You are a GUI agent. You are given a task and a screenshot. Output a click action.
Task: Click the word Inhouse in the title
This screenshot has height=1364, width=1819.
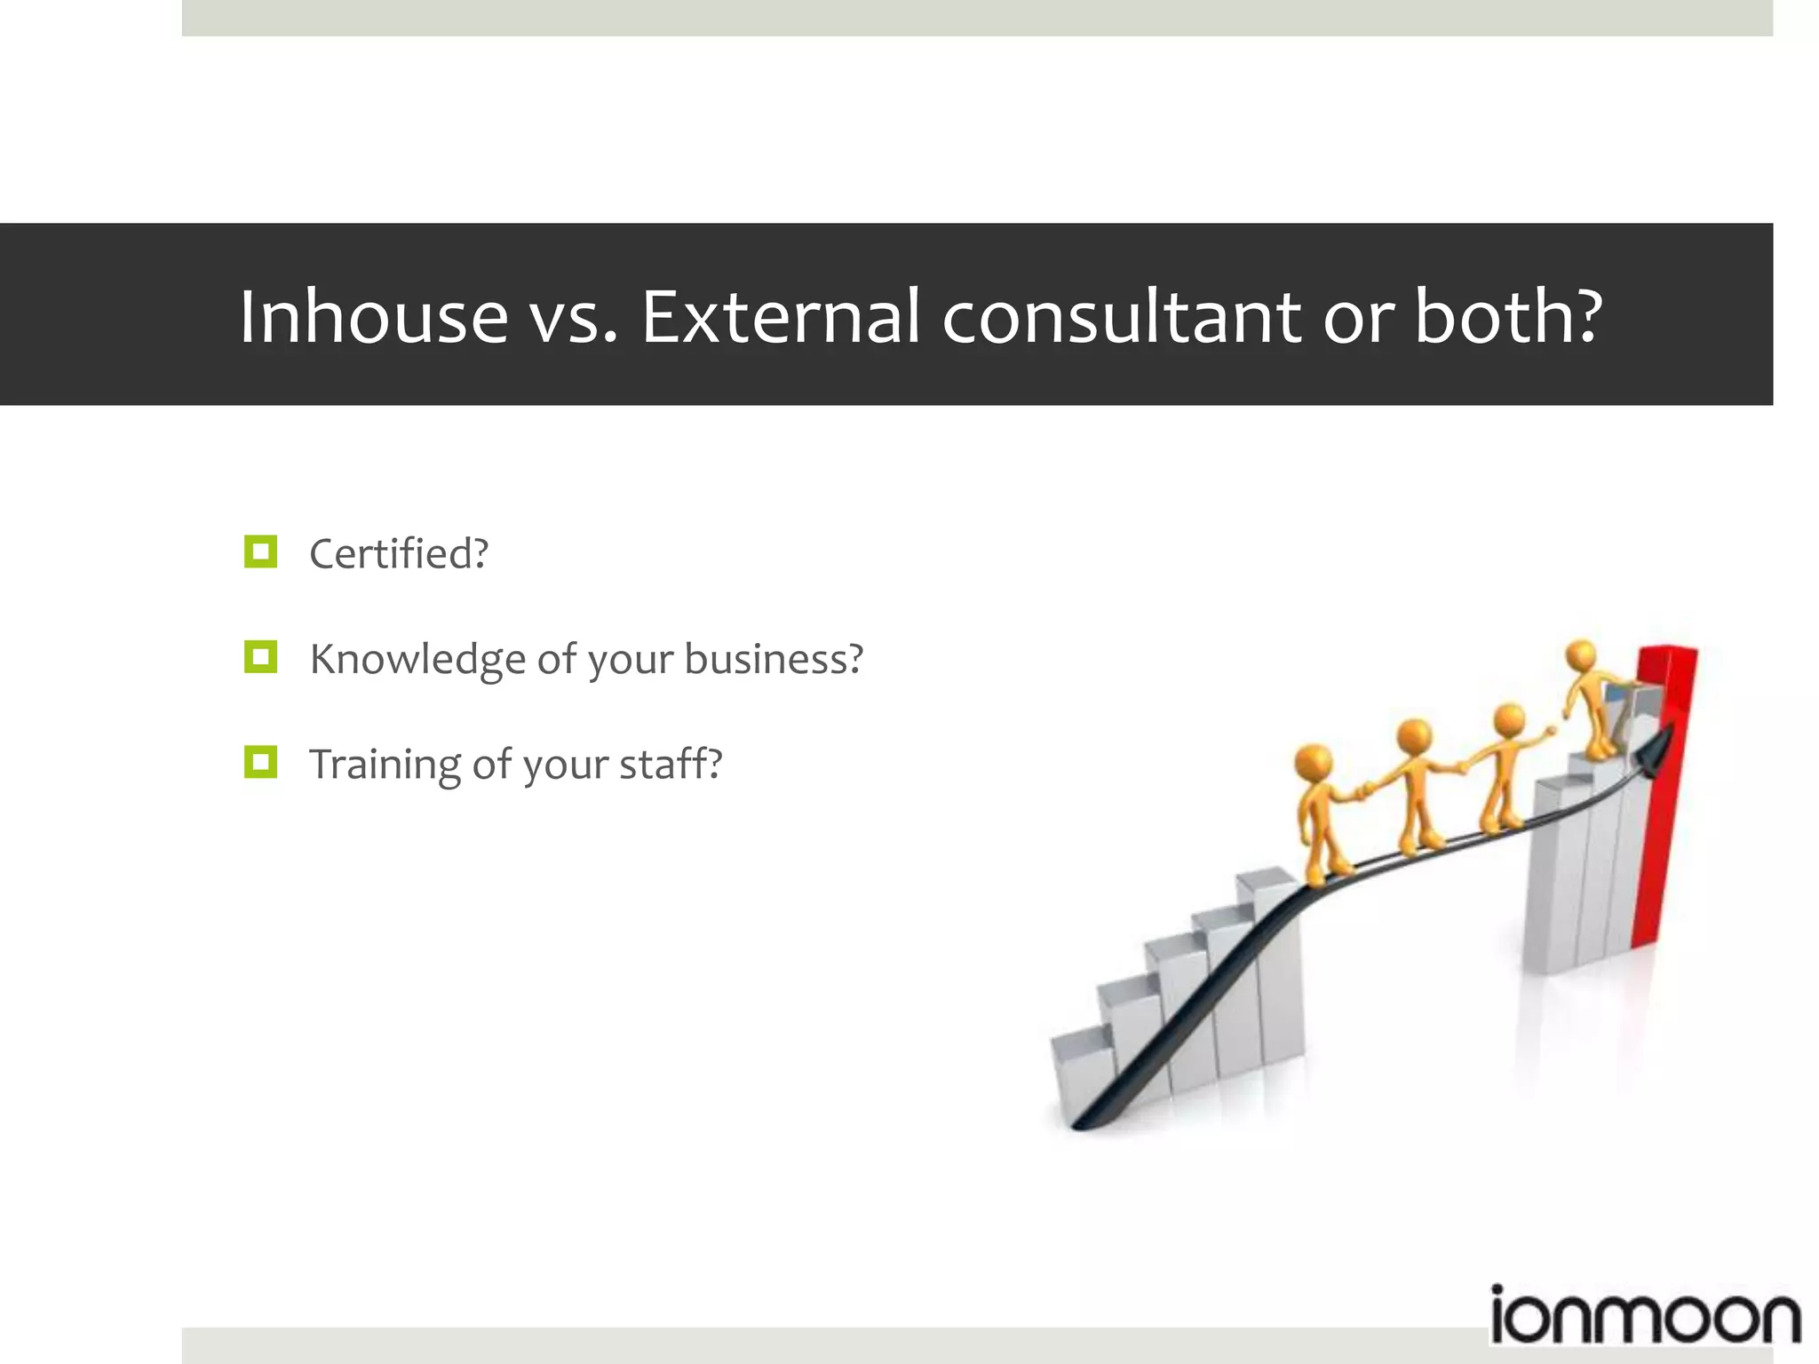[373, 316]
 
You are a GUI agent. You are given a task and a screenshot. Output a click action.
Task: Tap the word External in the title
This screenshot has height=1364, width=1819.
[780, 316]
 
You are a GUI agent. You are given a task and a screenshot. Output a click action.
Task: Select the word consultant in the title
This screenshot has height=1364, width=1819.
[1121, 316]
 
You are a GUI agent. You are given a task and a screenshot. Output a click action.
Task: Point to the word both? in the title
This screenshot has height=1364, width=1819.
[1508, 316]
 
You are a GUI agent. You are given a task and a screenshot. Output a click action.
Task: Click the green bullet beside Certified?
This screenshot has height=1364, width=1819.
[260, 551]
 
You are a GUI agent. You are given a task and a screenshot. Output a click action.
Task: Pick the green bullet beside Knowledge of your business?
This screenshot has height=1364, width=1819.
[260, 657]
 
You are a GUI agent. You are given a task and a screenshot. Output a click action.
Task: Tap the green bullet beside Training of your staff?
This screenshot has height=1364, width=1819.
[260, 762]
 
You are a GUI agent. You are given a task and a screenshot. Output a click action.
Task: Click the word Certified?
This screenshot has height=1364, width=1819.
[399, 553]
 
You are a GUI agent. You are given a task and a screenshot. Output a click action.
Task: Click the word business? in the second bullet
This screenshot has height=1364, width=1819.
[774, 659]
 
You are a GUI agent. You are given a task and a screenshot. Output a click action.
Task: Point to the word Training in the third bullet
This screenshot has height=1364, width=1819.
[384, 765]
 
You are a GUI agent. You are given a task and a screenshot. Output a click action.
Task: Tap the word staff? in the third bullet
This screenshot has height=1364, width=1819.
[671, 764]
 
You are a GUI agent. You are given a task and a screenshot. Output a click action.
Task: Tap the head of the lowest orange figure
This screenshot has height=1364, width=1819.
[1314, 762]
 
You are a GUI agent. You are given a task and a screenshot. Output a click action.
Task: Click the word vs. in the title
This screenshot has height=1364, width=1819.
[573, 316]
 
